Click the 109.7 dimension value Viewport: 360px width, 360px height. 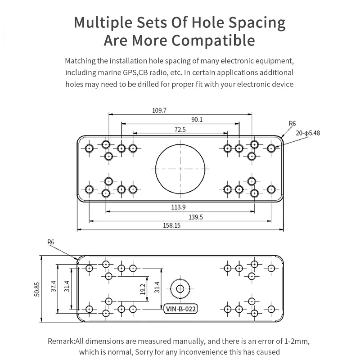coord(159,110)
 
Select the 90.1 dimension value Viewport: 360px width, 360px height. coord(197,120)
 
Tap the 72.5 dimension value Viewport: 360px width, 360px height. coord(180,130)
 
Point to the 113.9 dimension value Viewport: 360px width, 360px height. coord(178,207)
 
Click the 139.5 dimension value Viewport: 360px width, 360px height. coord(196,217)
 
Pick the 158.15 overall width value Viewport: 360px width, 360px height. coord(172,225)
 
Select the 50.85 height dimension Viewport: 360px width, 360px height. coord(37,289)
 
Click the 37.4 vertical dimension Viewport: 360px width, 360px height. coord(53,286)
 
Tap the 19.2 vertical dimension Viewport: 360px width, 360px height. coord(143,289)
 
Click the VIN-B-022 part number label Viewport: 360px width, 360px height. coord(180,309)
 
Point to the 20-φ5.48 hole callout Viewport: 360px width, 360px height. coord(308,133)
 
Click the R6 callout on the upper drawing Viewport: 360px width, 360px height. coord(292,123)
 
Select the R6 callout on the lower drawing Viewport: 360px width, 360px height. coord(51,242)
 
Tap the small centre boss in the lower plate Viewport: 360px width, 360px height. coord(180,289)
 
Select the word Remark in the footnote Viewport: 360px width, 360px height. coord(61,341)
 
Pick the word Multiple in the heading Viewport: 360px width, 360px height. coord(103,23)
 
